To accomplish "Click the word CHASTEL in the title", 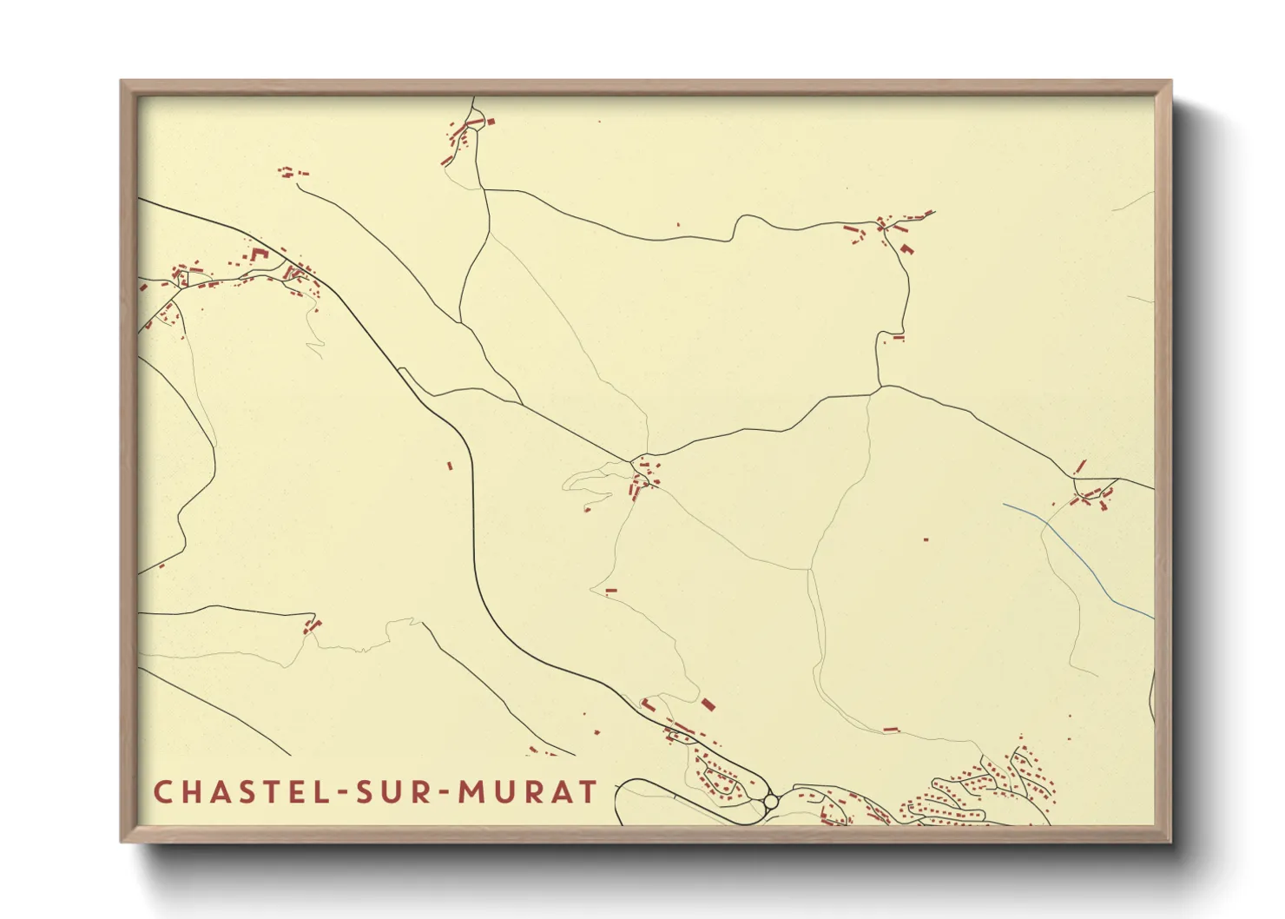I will click(240, 792).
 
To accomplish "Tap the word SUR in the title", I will click(402, 792).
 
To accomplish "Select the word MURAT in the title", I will click(528, 792).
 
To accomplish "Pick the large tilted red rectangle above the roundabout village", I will click(708, 704).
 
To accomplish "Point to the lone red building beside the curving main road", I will click(450, 466).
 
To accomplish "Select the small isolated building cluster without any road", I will click(292, 173).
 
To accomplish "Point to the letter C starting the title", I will click(161, 792).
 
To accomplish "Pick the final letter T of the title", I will click(589, 792).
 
